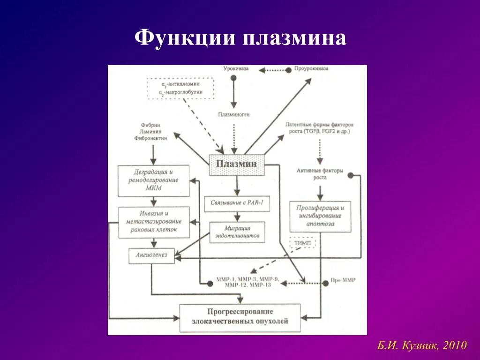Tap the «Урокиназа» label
pyautogui.click(x=236, y=68)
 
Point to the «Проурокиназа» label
pyautogui.click(x=311, y=68)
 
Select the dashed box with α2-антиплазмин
pyautogui.click(x=180, y=88)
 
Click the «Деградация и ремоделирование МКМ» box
pyautogui.click(x=153, y=180)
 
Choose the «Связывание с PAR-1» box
pyautogui.click(x=237, y=204)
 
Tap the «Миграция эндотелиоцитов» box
pyautogui.click(x=237, y=232)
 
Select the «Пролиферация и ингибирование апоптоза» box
pyautogui.click(x=320, y=216)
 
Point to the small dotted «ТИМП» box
pyautogui.click(x=302, y=243)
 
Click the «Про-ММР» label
pyautogui.click(x=345, y=280)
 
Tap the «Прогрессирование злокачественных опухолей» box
pyautogui.click(x=240, y=317)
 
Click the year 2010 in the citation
pyautogui.click(x=455, y=346)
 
